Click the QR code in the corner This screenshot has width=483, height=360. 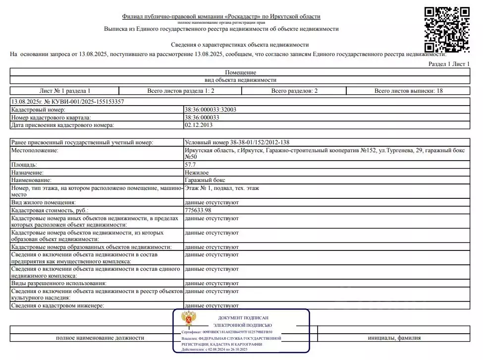[x=448, y=29]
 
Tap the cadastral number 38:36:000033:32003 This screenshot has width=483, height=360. [x=211, y=110]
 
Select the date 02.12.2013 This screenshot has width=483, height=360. [x=198, y=125]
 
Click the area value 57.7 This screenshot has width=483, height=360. [x=190, y=164]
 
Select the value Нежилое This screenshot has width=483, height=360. [x=197, y=172]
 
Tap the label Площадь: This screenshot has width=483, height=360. [x=24, y=164]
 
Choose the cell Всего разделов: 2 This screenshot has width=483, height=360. [x=294, y=91]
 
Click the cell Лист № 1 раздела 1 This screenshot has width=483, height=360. [x=65, y=91]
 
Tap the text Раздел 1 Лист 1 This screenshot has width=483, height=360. [x=449, y=64]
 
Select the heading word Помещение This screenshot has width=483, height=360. [x=241, y=72]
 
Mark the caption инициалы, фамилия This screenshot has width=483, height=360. [x=394, y=338]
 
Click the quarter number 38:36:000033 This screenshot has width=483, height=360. [x=202, y=118]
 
